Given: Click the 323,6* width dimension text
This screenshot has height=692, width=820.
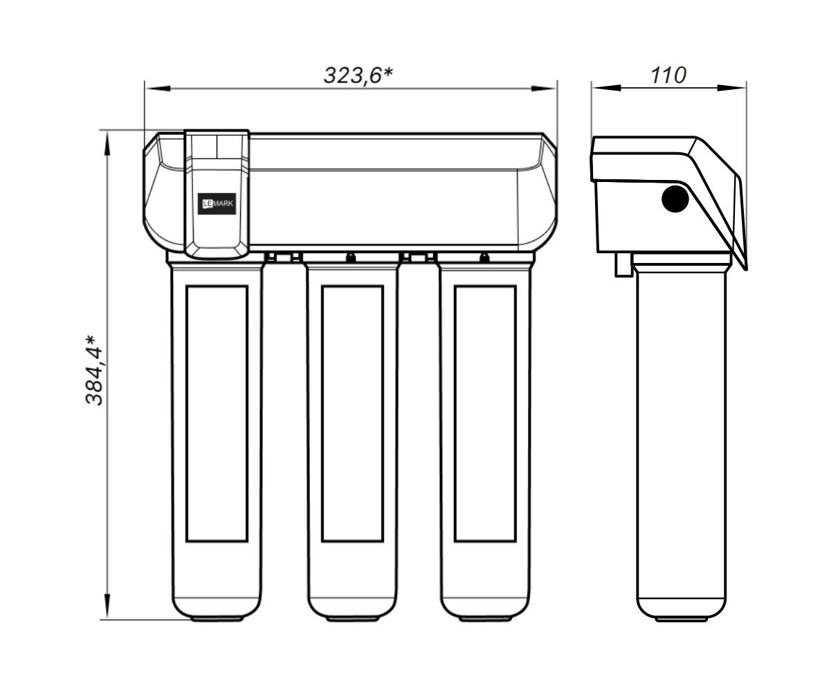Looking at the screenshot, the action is click(x=358, y=75).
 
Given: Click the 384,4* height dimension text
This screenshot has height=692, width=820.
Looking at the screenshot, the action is click(x=95, y=370).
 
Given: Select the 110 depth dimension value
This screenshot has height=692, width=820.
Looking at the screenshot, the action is click(x=668, y=75).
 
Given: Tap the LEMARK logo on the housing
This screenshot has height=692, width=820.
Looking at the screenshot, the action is click(x=217, y=203).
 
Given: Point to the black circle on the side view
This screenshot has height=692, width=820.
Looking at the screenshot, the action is click(x=675, y=199).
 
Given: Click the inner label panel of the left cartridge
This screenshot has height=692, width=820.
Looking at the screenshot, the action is click(x=217, y=414).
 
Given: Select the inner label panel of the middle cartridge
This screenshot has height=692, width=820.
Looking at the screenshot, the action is click(x=352, y=414).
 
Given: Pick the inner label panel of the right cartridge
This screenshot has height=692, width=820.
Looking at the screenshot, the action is click(x=485, y=414).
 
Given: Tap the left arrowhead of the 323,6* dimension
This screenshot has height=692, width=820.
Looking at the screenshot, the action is click(x=157, y=89).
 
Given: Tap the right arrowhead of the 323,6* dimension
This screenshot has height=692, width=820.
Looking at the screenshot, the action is click(x=544, y=89).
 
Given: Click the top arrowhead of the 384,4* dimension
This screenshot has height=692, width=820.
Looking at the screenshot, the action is click(x=107, y=143).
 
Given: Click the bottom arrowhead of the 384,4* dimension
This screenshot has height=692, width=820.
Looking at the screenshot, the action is click(x=107, y=607).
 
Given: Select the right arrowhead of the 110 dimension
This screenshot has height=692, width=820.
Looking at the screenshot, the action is click(x=732, y=88).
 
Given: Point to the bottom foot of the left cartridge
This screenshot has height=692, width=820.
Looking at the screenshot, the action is click(x=217, y=618).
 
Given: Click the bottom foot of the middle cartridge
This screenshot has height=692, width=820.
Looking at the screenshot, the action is click(x=352, y=618).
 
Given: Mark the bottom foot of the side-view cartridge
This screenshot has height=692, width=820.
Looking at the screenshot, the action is click(x=681, y=618).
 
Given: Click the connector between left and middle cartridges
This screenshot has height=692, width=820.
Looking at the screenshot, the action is click(x=283, y=256).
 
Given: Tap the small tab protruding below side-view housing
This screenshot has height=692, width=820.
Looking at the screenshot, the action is click(x=623, y=264).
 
